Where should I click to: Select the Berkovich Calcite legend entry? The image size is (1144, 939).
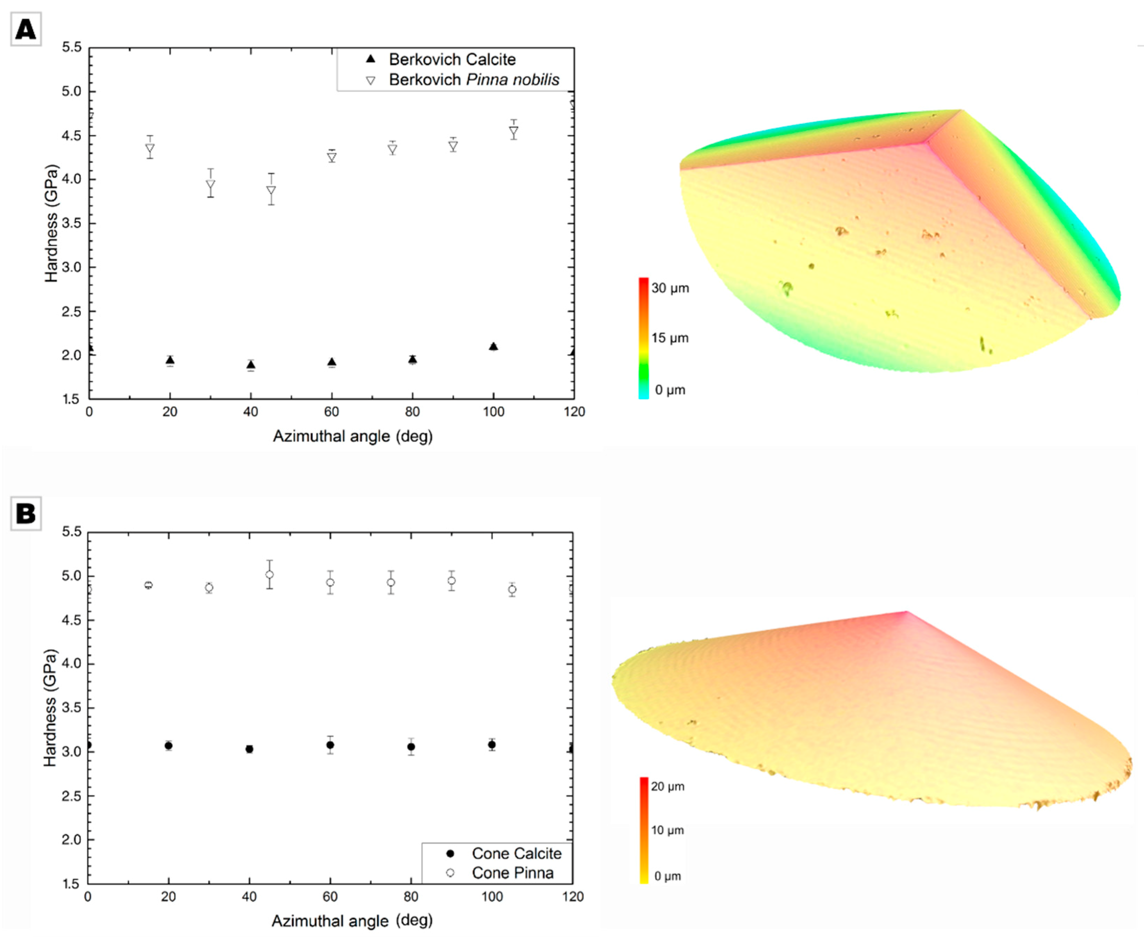click(x=451, y=59)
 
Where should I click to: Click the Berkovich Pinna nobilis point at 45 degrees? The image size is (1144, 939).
click(x=271, y=191)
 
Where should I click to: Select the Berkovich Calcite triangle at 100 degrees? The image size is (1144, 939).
click(x=493, y=346)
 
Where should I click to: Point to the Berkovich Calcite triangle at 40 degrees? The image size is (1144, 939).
click(x=251, y=365)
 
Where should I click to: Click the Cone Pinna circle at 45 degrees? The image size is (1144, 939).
click(x=269, y=574)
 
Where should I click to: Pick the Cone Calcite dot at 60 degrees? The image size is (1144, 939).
click(x=330, y=745)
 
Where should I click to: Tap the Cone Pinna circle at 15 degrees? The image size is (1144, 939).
click(x=148, y=585)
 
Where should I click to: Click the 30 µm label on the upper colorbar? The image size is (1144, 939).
click(x=670, y=288)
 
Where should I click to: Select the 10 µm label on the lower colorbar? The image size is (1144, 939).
click(x=667, y=830)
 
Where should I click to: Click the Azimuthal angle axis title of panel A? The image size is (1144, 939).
click(x=352, y=436)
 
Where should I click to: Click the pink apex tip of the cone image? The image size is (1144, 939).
click(x=907, y=612)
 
